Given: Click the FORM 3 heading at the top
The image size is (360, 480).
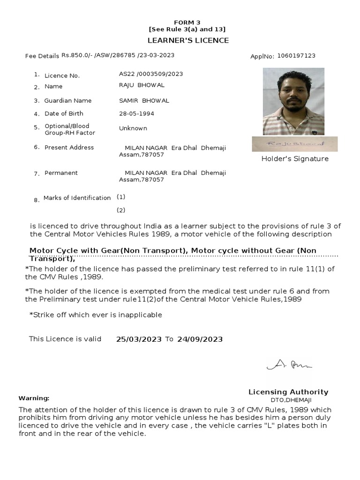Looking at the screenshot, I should (x=187, y=22).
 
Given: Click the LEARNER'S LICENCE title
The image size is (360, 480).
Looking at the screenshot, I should (x=188, y=40).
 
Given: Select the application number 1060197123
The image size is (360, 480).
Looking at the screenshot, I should (x=296, y=56).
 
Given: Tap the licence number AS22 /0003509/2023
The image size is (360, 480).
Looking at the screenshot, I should (x=151, y=74).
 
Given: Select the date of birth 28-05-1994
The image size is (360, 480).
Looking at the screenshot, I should (x=136, y=113).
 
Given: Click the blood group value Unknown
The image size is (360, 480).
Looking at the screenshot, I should (x=133, y=128).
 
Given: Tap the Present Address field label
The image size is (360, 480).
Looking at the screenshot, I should (x=69, y=148).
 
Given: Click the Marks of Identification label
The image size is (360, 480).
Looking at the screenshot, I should (x=77, y=198).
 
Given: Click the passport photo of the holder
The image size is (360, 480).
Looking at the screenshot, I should (x=293, y=101).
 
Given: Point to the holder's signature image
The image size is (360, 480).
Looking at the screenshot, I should (x=294, y=144).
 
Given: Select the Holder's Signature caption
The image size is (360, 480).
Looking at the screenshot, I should (x=295, y=159).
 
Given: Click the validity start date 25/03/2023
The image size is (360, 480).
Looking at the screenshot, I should (x=139, y=339).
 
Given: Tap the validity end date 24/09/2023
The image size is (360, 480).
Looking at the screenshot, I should (x=200, y=339).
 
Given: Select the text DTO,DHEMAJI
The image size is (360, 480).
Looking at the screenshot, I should (x=291, y=400).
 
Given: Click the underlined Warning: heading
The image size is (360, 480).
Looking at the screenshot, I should (x=34, y=398).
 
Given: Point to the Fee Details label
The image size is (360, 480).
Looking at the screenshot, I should (x=42, y=56).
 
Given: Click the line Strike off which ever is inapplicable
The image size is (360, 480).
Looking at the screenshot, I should (x=96, y=315).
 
